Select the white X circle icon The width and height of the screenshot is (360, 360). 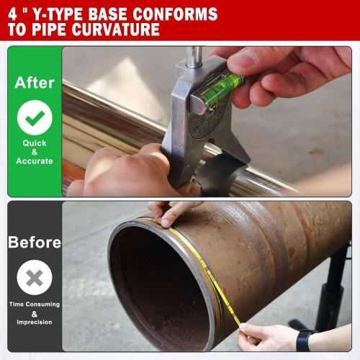pos(35,276)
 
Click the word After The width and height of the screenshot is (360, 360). pos(35,82)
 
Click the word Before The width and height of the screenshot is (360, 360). pos(35,243)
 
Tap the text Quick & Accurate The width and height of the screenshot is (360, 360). pos(35,151)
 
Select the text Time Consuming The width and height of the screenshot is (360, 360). pos(35,305)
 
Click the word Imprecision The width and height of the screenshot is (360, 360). pos(35,321)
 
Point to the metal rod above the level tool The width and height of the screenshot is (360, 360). pos(194,56)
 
